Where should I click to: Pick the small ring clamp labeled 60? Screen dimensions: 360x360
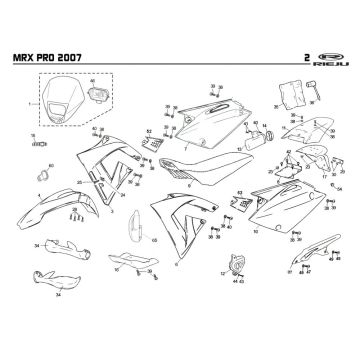point(45,163)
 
